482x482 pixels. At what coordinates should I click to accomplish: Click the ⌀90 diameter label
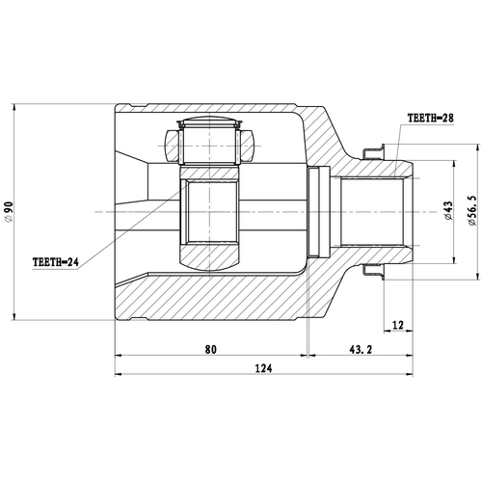point(9,210)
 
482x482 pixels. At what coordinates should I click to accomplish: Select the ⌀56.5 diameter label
point(471,210)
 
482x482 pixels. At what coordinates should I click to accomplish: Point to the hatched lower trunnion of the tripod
point(210,255)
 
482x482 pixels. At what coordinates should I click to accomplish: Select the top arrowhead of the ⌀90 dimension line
point(16,106)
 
